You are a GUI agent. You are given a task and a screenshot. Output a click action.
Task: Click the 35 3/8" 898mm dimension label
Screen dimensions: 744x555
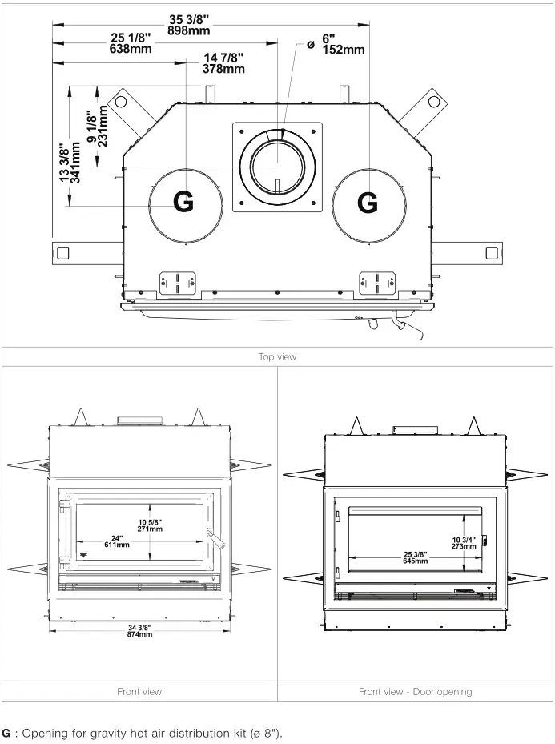pos(189,25)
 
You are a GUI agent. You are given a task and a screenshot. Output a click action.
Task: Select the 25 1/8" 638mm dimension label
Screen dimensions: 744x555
pos(130,43)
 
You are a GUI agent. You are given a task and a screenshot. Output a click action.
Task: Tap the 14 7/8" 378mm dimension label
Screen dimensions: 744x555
pos(223,63)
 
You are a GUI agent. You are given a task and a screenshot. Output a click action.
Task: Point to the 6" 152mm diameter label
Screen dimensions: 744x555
pos(342,44)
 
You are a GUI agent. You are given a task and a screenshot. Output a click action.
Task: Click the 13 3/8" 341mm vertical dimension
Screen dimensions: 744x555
pos(70,163)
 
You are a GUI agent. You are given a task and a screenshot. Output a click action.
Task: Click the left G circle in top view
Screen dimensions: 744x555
pos(184,203)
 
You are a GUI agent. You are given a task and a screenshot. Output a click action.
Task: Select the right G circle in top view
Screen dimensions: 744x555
pos(368,203)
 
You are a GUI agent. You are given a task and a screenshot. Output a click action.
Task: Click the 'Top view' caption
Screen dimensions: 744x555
pos(277,357)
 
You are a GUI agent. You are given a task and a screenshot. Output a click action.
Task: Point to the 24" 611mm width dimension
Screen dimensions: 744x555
pos(116,541)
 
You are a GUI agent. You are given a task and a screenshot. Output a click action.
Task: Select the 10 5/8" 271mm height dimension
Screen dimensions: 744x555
pos(149,525)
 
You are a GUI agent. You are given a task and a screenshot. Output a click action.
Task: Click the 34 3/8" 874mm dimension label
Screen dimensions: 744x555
pos(139,630)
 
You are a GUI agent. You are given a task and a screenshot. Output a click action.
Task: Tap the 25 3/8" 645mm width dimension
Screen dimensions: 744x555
pos(415,557)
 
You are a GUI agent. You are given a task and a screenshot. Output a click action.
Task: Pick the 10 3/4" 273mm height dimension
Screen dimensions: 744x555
pos(464,542)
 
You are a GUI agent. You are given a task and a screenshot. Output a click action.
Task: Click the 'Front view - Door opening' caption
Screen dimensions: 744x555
pos(415,691)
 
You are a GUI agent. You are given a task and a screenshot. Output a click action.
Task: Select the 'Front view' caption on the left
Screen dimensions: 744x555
pos(139,691)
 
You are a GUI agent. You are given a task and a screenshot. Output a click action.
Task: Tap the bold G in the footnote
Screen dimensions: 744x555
pos(6,733)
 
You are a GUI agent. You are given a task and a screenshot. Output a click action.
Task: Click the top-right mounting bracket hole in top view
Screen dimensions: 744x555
pos(433,102)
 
